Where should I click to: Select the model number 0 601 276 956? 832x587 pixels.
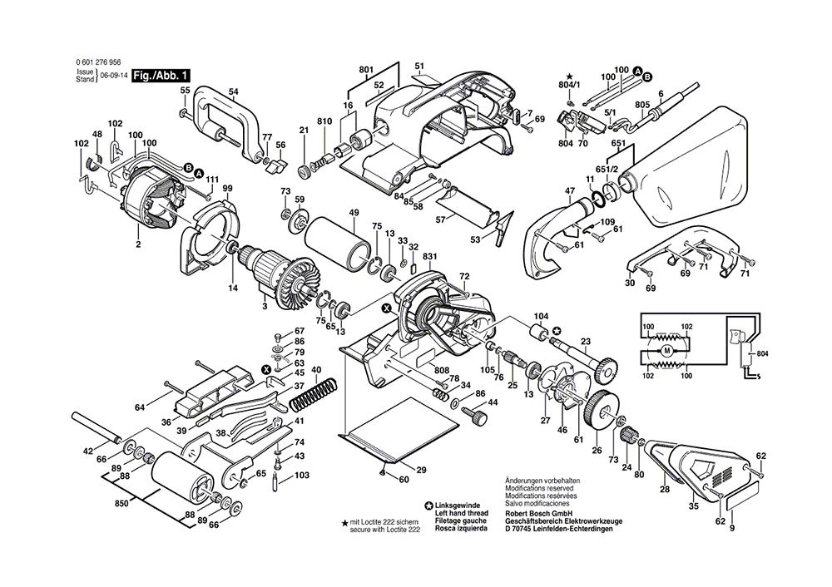[x=97, y=62]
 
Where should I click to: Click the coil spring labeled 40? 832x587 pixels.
[x=314, y=388]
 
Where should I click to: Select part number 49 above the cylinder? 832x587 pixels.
[x=353, y=214]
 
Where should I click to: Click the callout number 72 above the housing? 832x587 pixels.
[x=464, y=276]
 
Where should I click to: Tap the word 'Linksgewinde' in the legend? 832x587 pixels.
[x=459, y=504]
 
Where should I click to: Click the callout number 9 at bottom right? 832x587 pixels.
[x=731, y=530]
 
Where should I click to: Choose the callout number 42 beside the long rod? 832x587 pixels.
[x=88, y=451]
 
